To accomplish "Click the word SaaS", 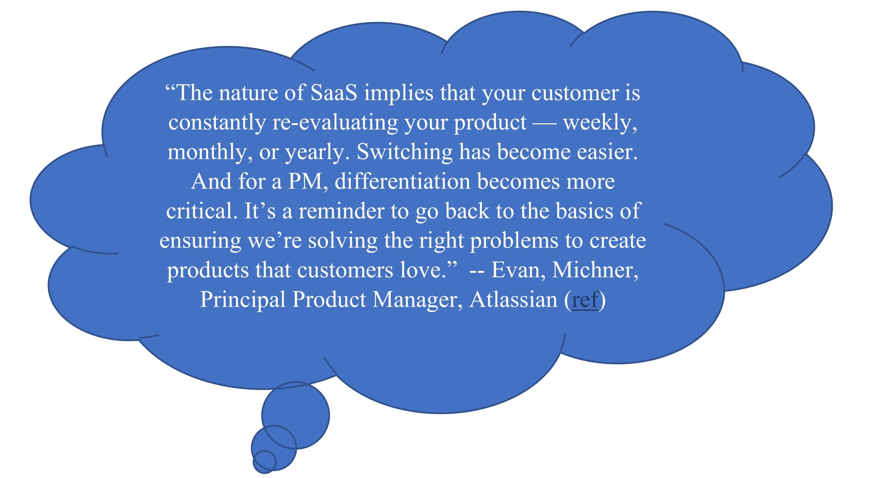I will [334, 93].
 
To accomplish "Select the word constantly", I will [217, 122].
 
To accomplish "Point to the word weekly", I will [599, 122].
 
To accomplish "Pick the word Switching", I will [404, 152].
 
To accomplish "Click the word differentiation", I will [402, 182].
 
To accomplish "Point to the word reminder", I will [341, 211].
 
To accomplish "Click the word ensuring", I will [200, 240].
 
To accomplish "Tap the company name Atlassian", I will [513, 300].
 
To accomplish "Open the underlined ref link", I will [585, 300].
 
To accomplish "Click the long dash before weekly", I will [544, 123].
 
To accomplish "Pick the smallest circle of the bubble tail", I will [264, 462].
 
